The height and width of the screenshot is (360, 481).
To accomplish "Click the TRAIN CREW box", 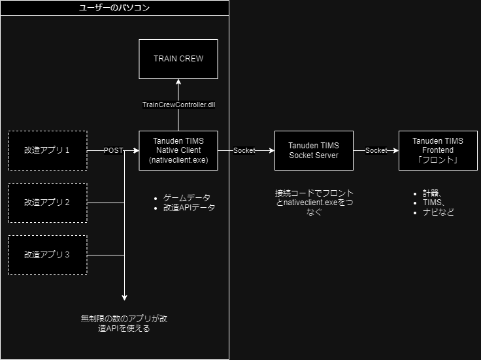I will coord(178,59).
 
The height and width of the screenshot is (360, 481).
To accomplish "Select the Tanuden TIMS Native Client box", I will coord(178,150).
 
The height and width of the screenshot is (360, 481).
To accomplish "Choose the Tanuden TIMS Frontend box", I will coord(438,150).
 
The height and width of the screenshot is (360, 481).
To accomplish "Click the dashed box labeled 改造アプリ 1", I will coord(47,150).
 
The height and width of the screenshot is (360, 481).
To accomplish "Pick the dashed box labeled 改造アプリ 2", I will coord(47,203).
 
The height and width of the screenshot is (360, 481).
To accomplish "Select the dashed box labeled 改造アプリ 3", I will coord(47,254).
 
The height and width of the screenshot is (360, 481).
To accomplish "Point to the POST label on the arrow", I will coord(114,150).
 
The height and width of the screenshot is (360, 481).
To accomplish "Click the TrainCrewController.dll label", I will coord(178,105).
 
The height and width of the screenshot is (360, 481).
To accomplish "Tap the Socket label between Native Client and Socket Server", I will coord(245,150).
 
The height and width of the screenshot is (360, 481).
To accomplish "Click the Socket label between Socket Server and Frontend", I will coord(376,150).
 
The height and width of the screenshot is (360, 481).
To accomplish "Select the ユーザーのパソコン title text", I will coord(114,7).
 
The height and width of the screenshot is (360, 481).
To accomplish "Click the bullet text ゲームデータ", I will coord(188,198).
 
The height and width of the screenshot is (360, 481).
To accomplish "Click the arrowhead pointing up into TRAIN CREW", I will coord(178,84).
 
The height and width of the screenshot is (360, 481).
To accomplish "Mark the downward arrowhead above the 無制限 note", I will coord(124,297).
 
